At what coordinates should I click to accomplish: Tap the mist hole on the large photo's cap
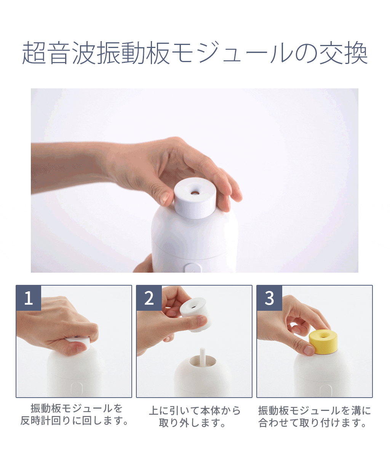(x=195, y=192)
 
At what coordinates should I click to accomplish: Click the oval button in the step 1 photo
(x=77, y=389)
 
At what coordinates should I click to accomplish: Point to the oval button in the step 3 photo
(x=326, y=390)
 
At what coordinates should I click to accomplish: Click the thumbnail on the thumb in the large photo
(x=165, y=198)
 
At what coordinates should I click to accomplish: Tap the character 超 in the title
(x=34, y=53)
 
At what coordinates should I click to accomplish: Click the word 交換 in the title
(x=344, y=53)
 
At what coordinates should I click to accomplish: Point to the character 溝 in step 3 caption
(x=356, y=411)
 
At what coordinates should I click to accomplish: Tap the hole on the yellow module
(x=323, y=336)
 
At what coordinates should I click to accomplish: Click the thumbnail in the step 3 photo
(x=308, y=350)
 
